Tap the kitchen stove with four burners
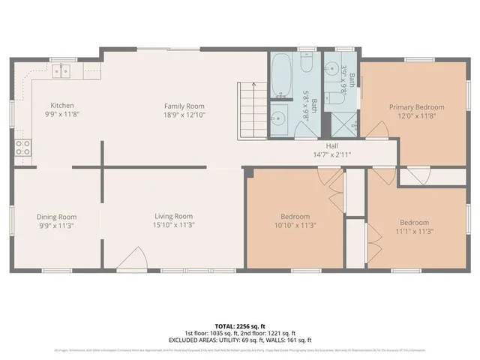(22, 147)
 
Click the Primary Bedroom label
(416, 107)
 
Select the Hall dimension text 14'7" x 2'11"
(332, 154)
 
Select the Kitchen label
(61, 106)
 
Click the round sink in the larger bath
(278, 118)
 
